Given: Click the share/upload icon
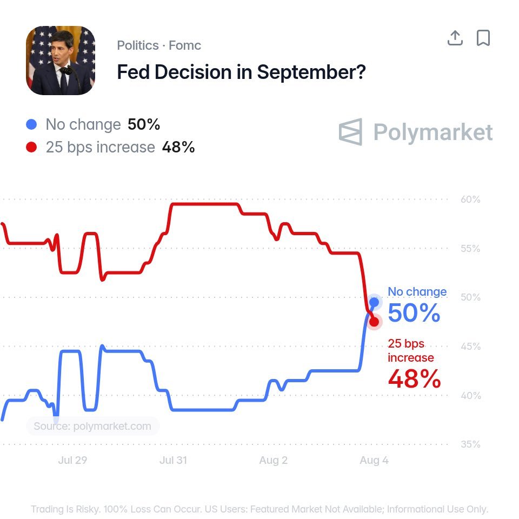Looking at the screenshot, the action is tap(455, 38).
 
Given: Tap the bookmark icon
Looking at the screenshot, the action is tap(483, 38).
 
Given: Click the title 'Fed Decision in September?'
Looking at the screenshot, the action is tap(241, 72).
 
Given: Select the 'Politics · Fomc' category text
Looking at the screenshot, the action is tap(159, 45).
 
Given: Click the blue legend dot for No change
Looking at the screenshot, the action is tap(31, 124).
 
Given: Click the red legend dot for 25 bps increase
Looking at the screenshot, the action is tap(31, 147).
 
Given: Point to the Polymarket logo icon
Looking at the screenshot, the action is tap(350, 132).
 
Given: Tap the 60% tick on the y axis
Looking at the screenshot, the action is tap(470, 199).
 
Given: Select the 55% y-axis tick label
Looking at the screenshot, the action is tap(470, 248).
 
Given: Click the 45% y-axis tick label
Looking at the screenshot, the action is tap(470, 346).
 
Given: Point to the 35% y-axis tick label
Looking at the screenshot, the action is tap(470, 444).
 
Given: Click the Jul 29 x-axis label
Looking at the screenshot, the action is tap(72, 460).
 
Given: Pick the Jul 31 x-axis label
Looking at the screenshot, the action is tap(173, 460).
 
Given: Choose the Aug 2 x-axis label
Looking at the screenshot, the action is tap(274, 461).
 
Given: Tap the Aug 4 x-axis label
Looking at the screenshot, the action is tap(374, 461).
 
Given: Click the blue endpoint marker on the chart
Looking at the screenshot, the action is tap(374, 302).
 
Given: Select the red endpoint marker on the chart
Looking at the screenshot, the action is tap(374, 322).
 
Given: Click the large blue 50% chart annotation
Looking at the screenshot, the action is tap(414, 313).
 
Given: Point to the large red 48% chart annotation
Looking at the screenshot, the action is tap(415, 378).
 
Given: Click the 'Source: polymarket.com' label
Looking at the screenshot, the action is tap(92, 426).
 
